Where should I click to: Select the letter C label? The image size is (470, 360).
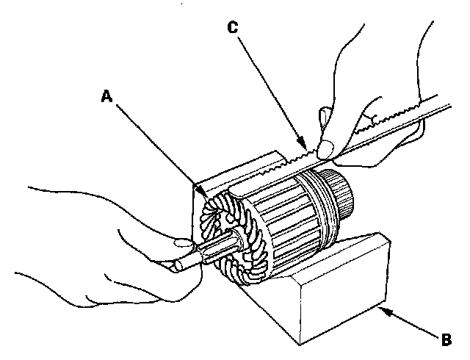(232, 28)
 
